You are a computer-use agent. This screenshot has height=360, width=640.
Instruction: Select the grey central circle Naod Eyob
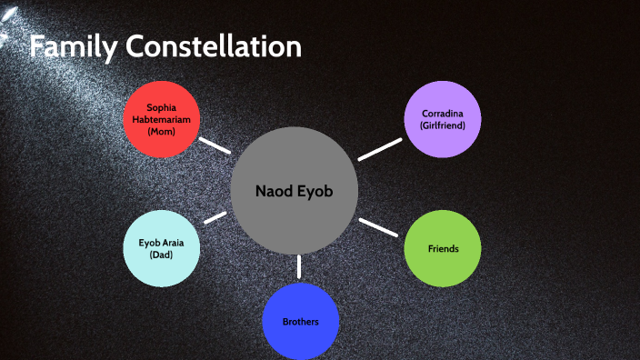(x=294, y=192)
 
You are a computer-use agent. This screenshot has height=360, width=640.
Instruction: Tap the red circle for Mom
(x=161, y=119)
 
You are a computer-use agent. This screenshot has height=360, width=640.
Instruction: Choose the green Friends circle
(x=443, y=248)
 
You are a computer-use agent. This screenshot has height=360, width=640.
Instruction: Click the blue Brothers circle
(x=300, y=322)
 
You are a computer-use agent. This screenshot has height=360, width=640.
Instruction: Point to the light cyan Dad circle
(x=161, y=248)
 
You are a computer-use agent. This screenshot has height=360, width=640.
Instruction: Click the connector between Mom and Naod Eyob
(x=215, y=145)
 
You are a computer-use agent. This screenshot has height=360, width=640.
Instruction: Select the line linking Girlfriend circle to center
(x=379, y=149)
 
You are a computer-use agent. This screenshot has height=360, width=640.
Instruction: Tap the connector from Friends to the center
(x=379, y=227)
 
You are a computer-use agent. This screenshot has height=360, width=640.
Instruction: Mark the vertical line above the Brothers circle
(x=299, y=266)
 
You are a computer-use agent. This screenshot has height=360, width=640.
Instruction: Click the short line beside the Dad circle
(x=216, y=218)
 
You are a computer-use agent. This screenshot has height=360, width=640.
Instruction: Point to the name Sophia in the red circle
(x=161, y=106)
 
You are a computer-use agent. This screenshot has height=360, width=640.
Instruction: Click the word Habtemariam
(x=161, y=119)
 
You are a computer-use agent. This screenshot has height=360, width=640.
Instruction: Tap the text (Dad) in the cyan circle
(x=161, y=255)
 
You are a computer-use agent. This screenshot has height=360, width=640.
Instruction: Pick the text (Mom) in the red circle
(x=161, y=132)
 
